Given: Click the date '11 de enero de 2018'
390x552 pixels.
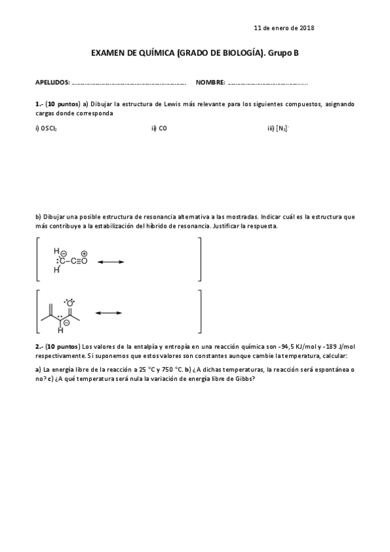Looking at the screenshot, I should (284, 28).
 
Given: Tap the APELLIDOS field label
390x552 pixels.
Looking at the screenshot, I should (52, 83).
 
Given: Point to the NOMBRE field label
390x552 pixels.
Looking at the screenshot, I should (210, 83).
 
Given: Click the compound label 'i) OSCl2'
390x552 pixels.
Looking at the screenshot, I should (46, 128).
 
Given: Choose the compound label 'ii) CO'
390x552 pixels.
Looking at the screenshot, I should (159, 128).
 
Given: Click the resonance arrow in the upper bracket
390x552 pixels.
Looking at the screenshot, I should (110, 262).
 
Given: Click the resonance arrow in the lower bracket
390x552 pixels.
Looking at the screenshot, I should (109, 313).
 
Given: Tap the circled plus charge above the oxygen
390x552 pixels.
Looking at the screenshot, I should (85, 253).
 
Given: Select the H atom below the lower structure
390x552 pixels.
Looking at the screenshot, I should (61, 330).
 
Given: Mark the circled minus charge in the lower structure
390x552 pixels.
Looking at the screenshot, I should (66, 322).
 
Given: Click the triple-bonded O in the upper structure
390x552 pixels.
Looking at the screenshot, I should (84, 262).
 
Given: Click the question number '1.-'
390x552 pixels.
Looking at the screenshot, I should (39, 103).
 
